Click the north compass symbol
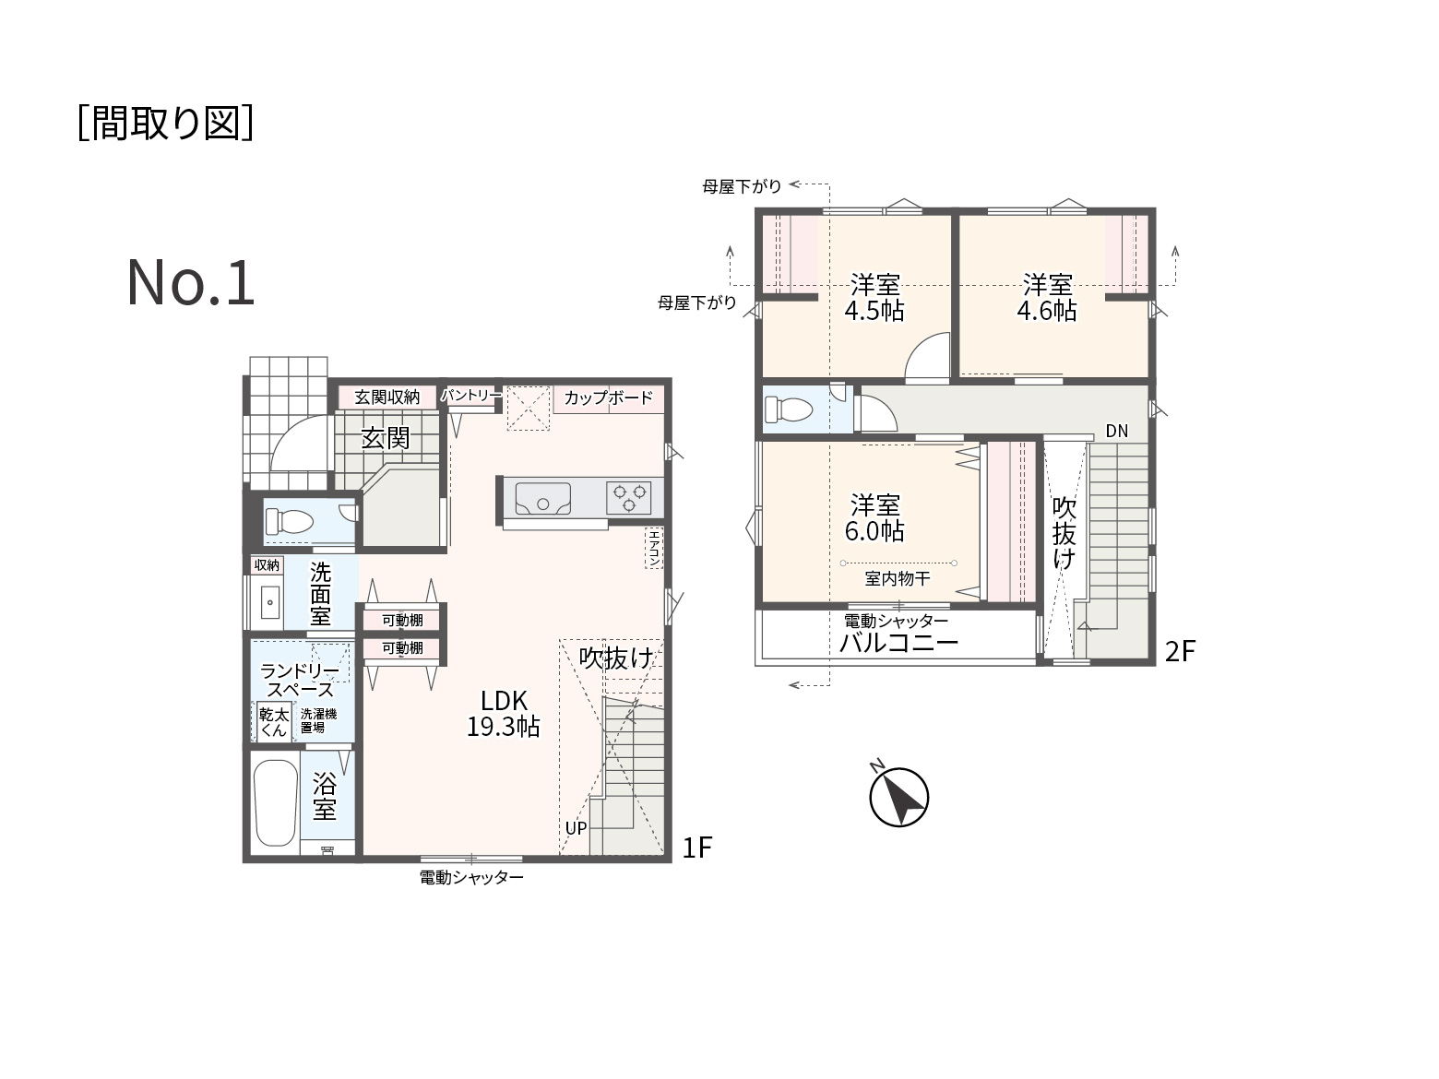(898, 796)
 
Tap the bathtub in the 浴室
(276, 802)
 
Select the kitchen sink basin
(542, 499)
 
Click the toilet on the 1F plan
(289, 522)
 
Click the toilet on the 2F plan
(789, 410)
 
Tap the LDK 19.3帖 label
(504, 714)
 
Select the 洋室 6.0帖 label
(874, 517)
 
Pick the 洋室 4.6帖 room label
(1047, 298)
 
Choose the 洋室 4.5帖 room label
(874, 298)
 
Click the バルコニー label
(898, 643)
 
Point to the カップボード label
(609, 397)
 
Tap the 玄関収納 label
(387, 397)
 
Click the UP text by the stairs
(576, 828)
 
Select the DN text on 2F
(1117, 431)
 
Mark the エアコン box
(654, 548)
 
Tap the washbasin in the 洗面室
(270, 602)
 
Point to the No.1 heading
(190, 283)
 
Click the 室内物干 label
(898, 578)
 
